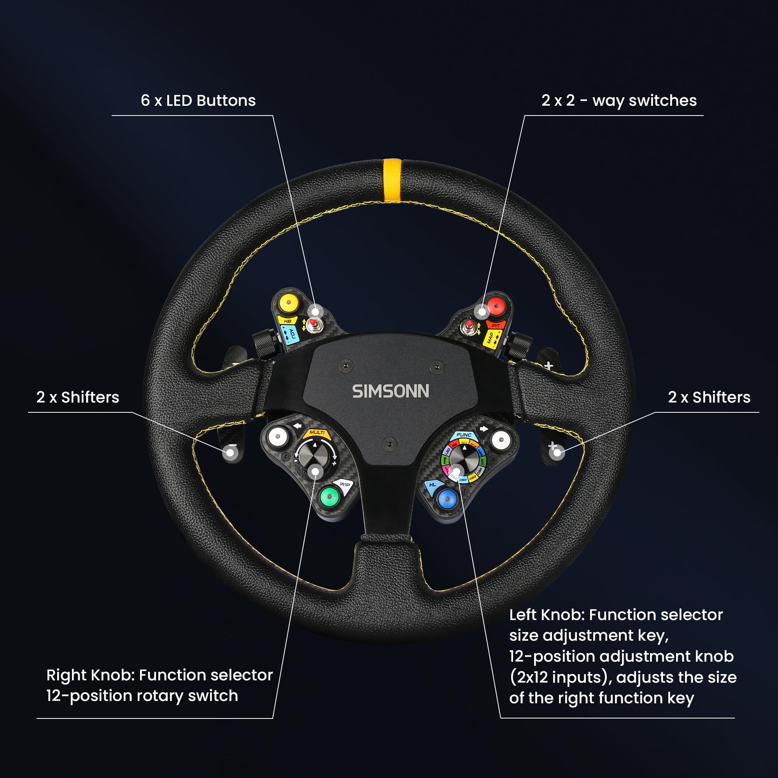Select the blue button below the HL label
coord(447,499)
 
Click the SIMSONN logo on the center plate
coord(391,391)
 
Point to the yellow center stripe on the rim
coord(392,180)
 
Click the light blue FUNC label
coord(464,435)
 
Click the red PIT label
coord(495,325)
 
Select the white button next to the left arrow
coord(277,436)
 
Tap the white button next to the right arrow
coord(501,440)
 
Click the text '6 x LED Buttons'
coord(198,101)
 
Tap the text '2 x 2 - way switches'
coord(619,101)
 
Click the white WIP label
coord(344,484)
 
